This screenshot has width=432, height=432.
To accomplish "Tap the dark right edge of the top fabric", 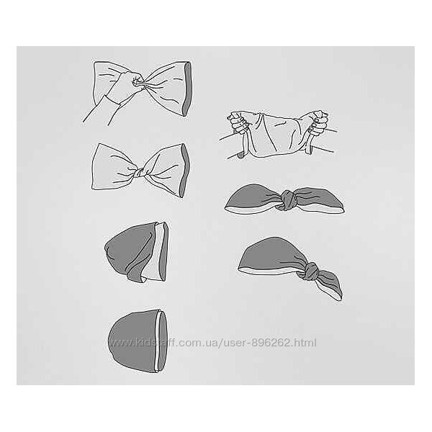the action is (x=186, y=89).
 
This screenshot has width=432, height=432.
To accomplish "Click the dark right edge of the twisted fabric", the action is (x=185, y=170).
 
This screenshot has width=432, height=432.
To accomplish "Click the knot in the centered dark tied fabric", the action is (x=287, y=200).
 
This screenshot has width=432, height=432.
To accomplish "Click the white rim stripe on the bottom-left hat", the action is (x=157, y=341).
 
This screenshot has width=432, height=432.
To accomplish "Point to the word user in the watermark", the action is (x=235, y=343).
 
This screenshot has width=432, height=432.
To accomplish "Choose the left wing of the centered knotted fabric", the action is (x=252, y=199).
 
